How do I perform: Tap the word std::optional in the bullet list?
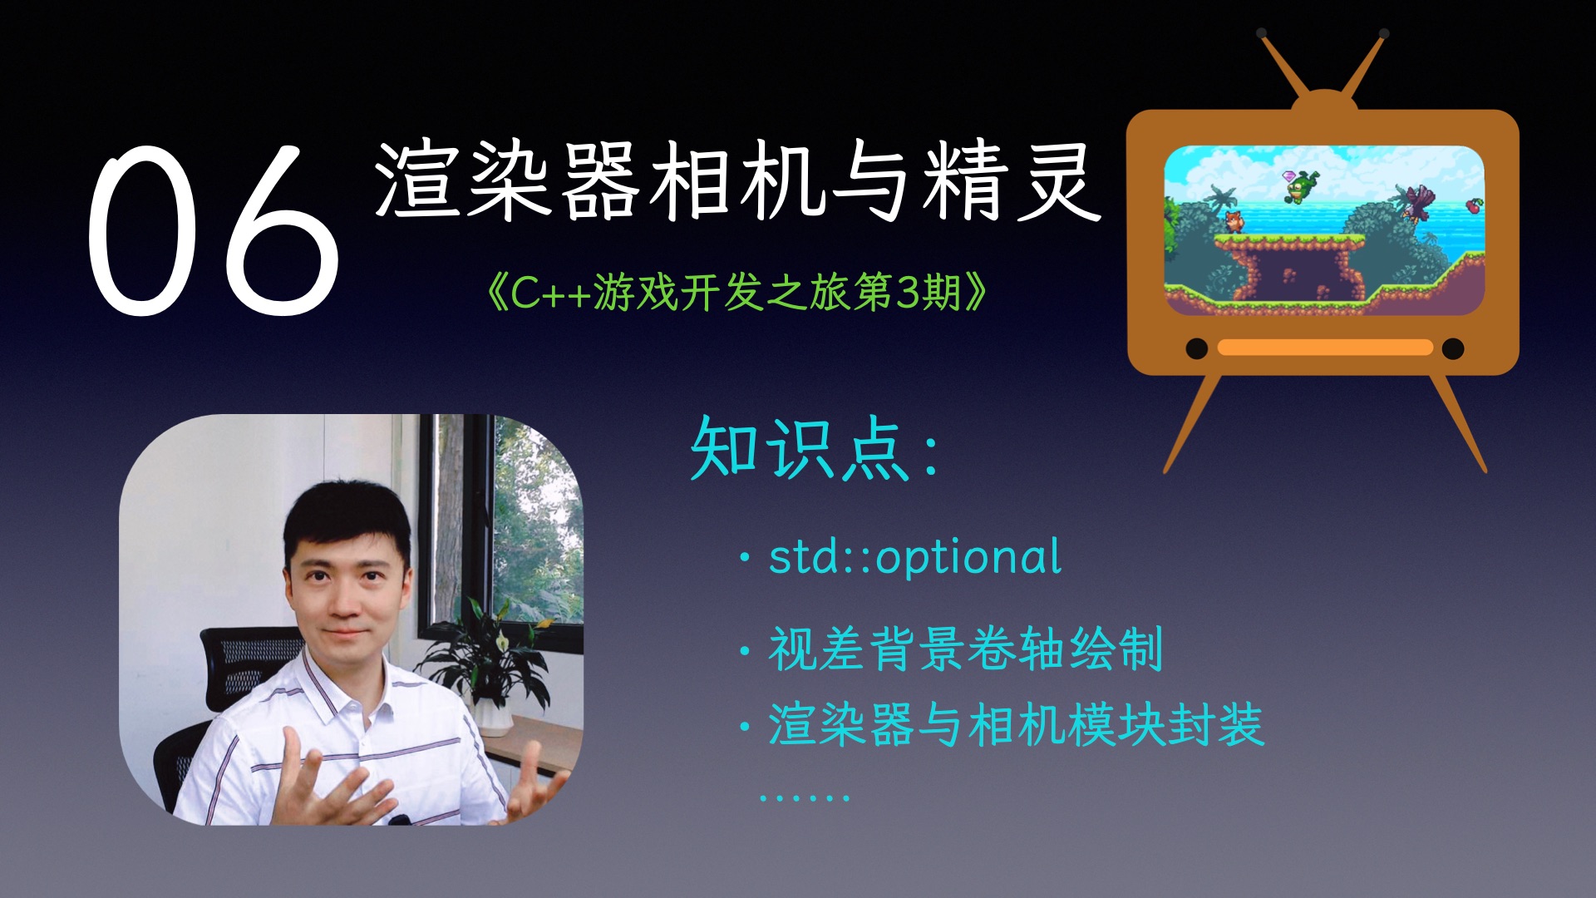point(914,557)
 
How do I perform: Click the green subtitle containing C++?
point(736,293)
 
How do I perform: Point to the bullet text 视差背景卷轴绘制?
point(964,649)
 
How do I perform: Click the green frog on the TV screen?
point(1300,187)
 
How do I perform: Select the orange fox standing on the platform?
point(1234,222)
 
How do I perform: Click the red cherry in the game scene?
point(1473,205)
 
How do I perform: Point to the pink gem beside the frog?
point(1289,175)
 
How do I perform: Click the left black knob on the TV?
point(1196,348)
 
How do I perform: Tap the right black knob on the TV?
point(1452,348)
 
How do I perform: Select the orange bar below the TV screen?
point(1324,348)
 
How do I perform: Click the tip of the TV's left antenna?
point(1262,33)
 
